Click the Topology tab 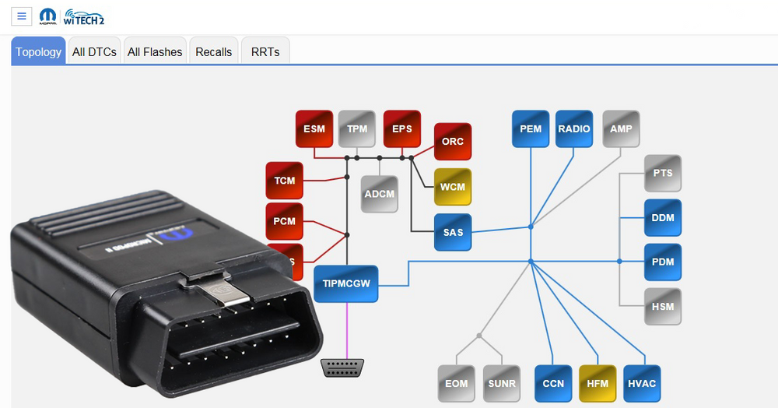pyautogui.click(x=38, y=52)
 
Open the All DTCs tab pyautogui.click(x=94, y=52)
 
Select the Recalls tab pyautogui.click(x=213, y=52)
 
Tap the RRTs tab pyautogui.click(x=265, y=52)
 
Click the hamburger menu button pyautogui.click(x=22, y=16)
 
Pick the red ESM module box pyautogui.click(x=314, y=129)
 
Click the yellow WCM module pyautogui.click(x=453, y=188)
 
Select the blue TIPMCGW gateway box pyautogui.click(x=346, y=284)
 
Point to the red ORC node pyautogui.click(x=453, y=142)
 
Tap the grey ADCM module pyautogui.click(x=380, y=194)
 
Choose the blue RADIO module pyautogui.click(x=574, y=129)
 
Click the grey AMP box pyautogui.click(x=621, y=129)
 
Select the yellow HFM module pyautogui.click(x=598, y=383)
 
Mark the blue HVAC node pyautogui.click(x=642, y=383)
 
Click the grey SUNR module pyautogui.click(x=502, y=383)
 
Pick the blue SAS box pyautogui.click(x=453, y=232)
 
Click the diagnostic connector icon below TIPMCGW pyautogui.click(x=343, y=368)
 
